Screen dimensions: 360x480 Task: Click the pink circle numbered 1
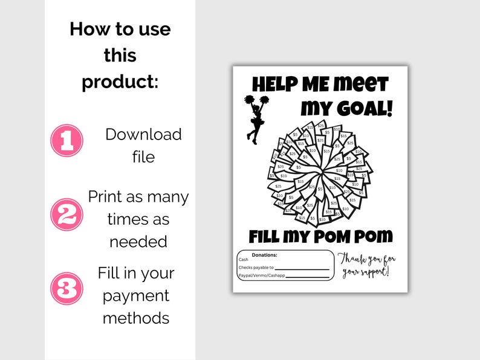point(66,141)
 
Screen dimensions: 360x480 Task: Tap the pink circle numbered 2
point(66,214)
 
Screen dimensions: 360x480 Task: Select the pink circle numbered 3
point(66,288)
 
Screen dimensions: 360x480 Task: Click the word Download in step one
point(143,134)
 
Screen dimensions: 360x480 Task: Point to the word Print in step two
point(106,197)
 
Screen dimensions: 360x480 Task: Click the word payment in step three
point(136,295)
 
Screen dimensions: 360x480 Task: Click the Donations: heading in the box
point(265,256)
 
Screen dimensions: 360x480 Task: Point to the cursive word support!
point(375,272)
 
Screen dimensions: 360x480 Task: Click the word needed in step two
point(138,241)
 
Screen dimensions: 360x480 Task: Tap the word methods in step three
point(136,318)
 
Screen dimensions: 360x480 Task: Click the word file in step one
point(143,157)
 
